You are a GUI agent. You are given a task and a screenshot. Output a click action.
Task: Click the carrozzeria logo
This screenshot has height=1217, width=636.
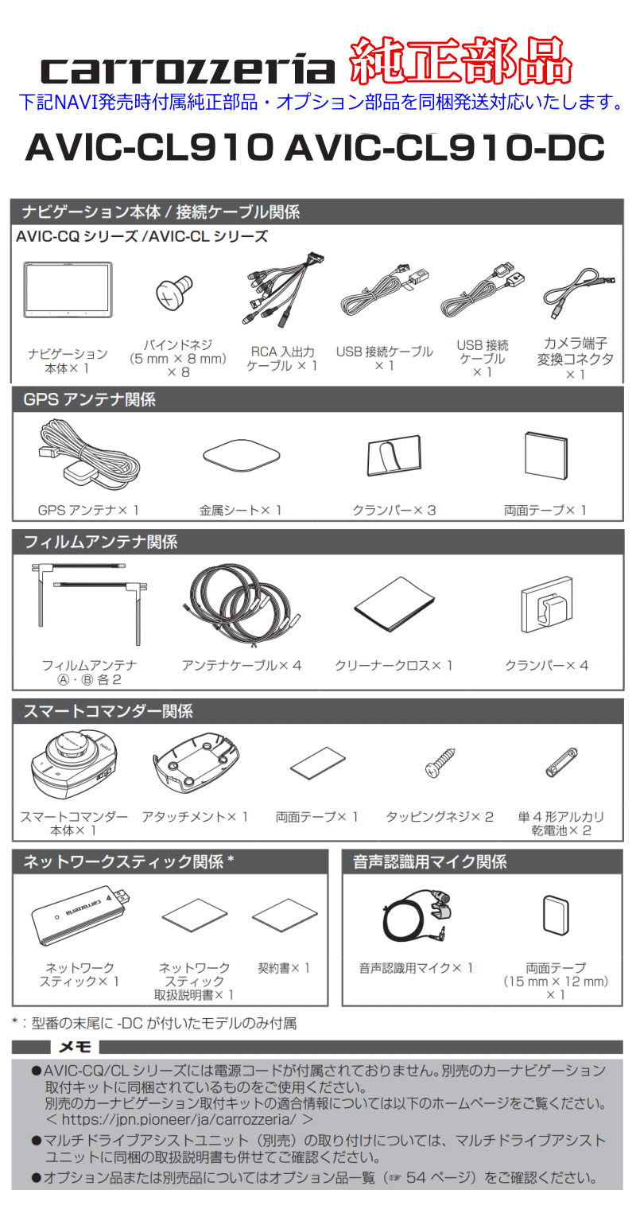point(188,70)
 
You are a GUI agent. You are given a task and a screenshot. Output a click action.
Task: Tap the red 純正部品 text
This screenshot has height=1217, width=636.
point(460,60)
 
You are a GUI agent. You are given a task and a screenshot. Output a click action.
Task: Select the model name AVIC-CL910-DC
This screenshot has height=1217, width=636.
point(445,148)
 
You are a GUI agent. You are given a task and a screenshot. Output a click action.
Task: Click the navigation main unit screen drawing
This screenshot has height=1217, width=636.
point(68,290)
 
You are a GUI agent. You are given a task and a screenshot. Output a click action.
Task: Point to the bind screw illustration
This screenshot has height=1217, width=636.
point(174,292)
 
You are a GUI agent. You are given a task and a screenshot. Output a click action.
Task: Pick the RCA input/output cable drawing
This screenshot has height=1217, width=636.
point(281,290)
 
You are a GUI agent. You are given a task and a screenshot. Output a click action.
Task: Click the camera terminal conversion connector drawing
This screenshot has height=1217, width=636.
point(579,294)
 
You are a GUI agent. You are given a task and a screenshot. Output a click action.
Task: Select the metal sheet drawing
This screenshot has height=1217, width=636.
point(241,455)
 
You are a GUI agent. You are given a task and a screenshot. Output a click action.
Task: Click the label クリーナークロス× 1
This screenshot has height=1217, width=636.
point(394,666)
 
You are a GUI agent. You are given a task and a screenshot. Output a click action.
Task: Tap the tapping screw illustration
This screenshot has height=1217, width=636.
point(440,762)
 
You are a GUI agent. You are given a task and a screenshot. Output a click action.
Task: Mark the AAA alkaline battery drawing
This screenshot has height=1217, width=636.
point(561,762)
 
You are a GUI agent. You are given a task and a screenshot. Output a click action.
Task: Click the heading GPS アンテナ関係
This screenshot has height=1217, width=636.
point(90,399)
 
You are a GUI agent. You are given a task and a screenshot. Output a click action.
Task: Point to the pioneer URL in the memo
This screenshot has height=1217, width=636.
point(179,1119)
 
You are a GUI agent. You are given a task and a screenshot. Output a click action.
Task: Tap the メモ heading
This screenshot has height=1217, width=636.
point(75,1047)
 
